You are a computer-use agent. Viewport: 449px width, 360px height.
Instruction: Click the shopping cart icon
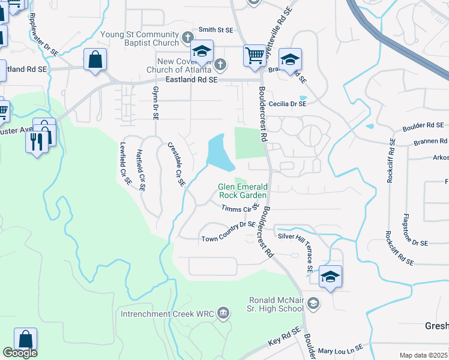click(255, 56)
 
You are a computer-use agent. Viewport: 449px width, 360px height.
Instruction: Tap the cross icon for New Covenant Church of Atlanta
click(220, 64)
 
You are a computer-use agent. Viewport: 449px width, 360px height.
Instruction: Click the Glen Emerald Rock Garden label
click(242, 191)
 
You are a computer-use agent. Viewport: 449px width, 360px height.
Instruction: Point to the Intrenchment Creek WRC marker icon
click(223, 312)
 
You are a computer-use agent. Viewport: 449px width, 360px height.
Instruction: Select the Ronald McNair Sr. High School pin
click(312, 304)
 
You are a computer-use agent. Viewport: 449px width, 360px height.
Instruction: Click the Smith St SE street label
click(215, 29)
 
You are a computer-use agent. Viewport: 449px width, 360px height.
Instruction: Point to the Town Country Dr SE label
click(229, 238)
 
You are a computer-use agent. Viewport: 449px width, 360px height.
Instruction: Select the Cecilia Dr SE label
click(288, 104)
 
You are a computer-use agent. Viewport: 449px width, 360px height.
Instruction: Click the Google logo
click(20, 353)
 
